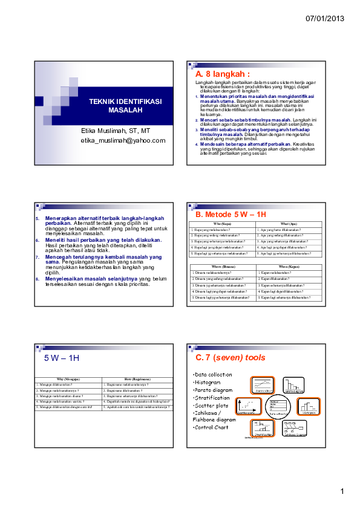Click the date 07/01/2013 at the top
coord(325,19)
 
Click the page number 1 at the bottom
coord(342,491)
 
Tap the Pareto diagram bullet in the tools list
coord(212,390)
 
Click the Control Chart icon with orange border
coord(262,385)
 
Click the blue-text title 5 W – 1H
coord(62,358)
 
